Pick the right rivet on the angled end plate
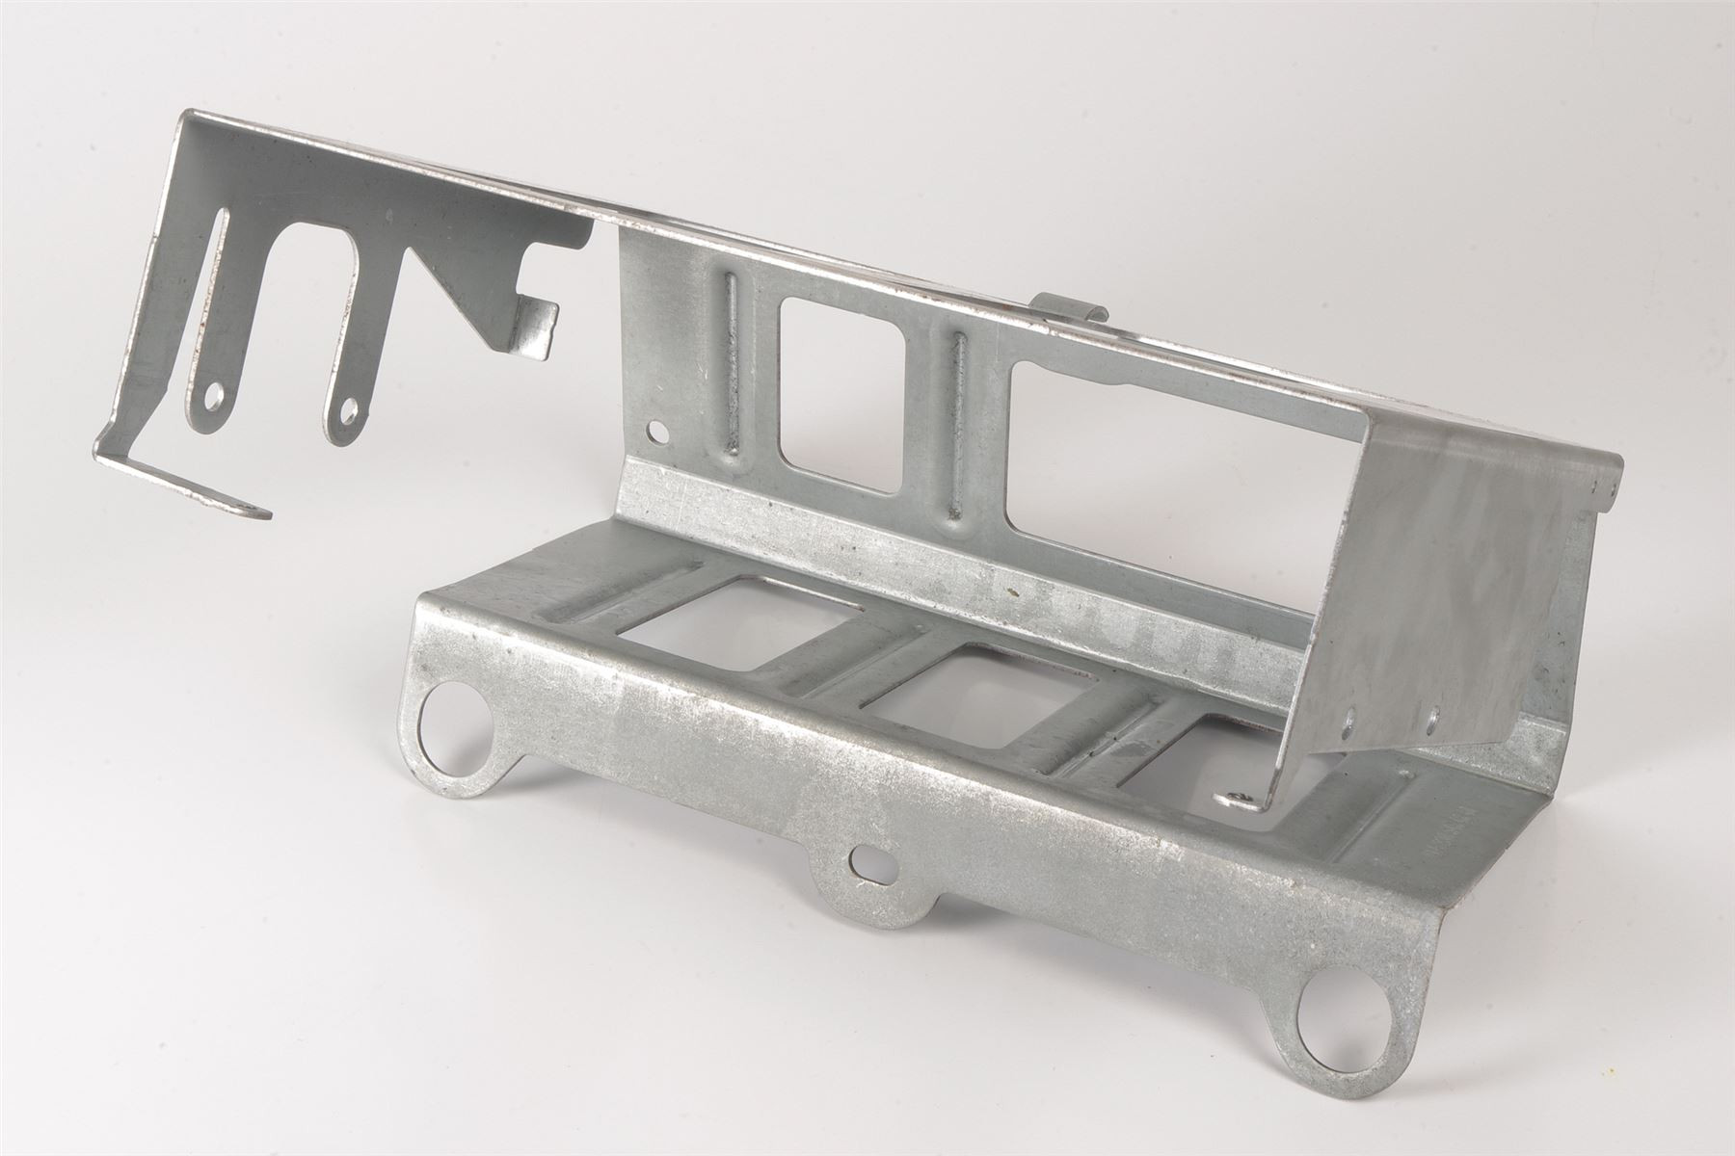[x=1433, y=714]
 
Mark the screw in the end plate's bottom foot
[x=1237, y=798]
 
